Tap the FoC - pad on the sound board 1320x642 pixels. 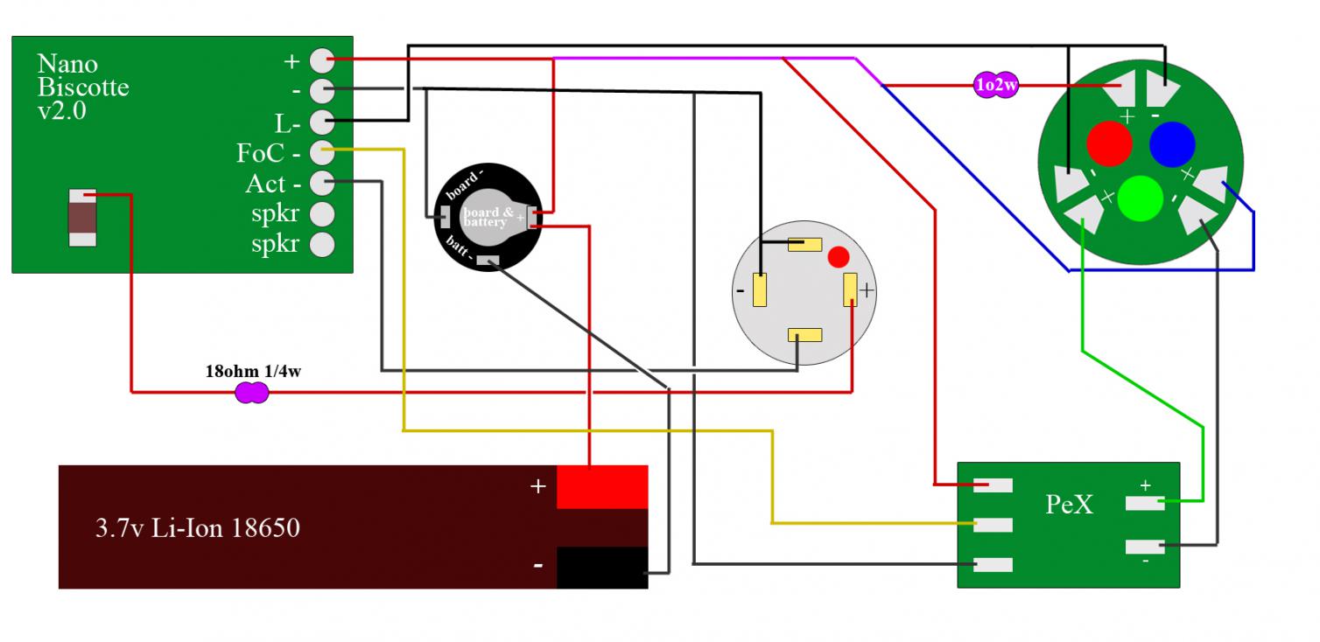point(322,151)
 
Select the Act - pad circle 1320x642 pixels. point(322,183)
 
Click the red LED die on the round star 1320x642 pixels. point(1109,143)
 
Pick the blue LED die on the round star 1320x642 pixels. point(1172,143)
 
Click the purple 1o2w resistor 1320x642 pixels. point(996,86)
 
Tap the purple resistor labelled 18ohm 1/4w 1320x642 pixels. point(252,394)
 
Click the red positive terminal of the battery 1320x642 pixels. point(602,485)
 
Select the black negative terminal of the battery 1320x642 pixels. point(602,567)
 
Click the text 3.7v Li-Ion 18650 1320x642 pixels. point(197,528)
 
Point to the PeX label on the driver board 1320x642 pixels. point(1070,505)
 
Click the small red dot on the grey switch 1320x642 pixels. point(838,257)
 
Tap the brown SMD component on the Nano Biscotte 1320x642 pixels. point(82,217)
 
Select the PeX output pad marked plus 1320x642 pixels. point(1145,502)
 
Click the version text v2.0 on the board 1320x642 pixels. point(61,112)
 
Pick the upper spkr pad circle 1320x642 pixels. point(322,213)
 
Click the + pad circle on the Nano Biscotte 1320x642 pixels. point(322,60)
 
